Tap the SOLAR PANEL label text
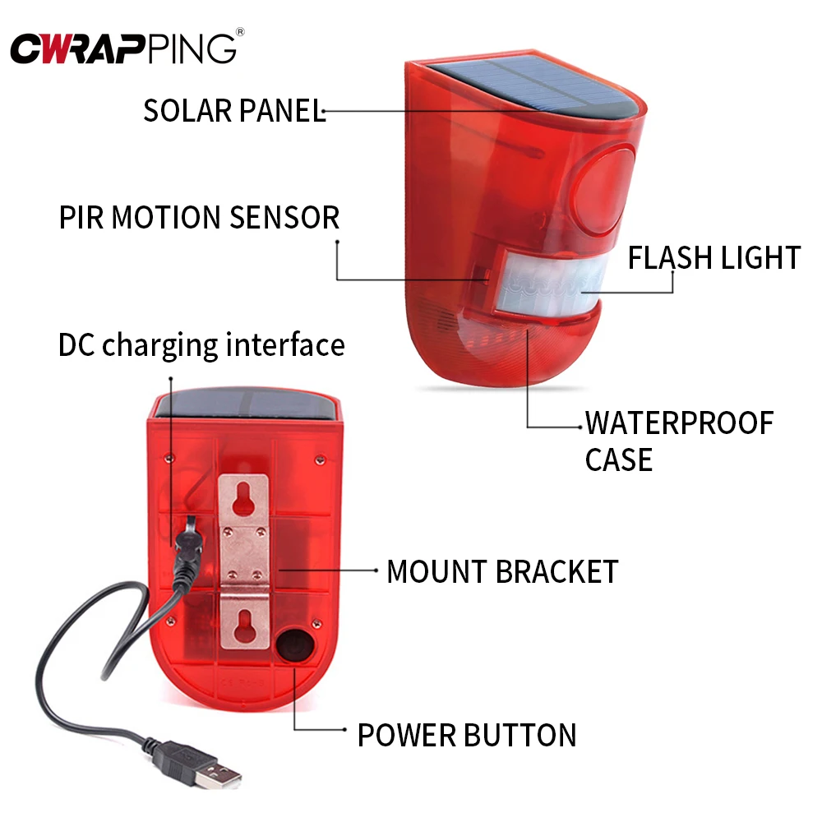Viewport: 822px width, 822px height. [x=234, y=110]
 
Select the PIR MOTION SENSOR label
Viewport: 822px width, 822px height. [x=199, y=218]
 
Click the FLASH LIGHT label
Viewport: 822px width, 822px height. [x=713, y=257]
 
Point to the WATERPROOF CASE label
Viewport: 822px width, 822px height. [x=679, y=441]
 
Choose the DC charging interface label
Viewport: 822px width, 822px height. [x=201, y=345]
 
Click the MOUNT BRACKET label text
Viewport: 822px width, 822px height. [x=501, y=571]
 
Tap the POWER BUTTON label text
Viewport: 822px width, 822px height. [x=466, y=735]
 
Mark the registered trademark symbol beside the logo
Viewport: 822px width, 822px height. [x=239, y=32]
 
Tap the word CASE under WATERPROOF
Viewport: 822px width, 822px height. [x=618, y=459]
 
